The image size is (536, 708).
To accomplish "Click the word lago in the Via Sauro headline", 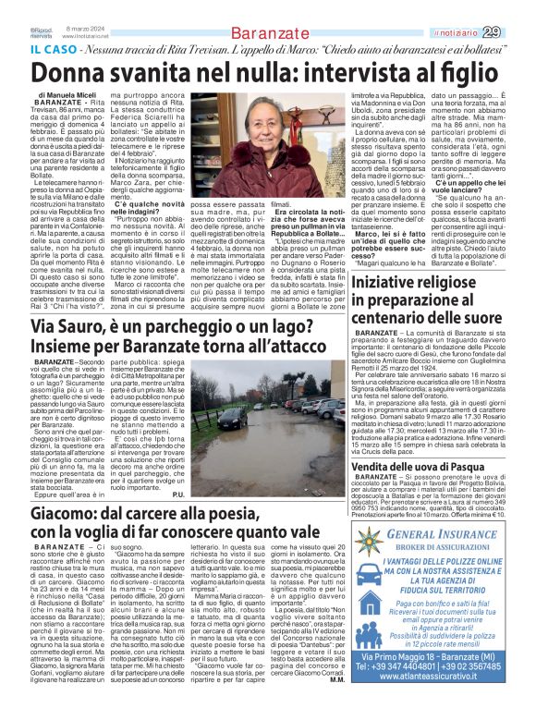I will pos(307,327).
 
